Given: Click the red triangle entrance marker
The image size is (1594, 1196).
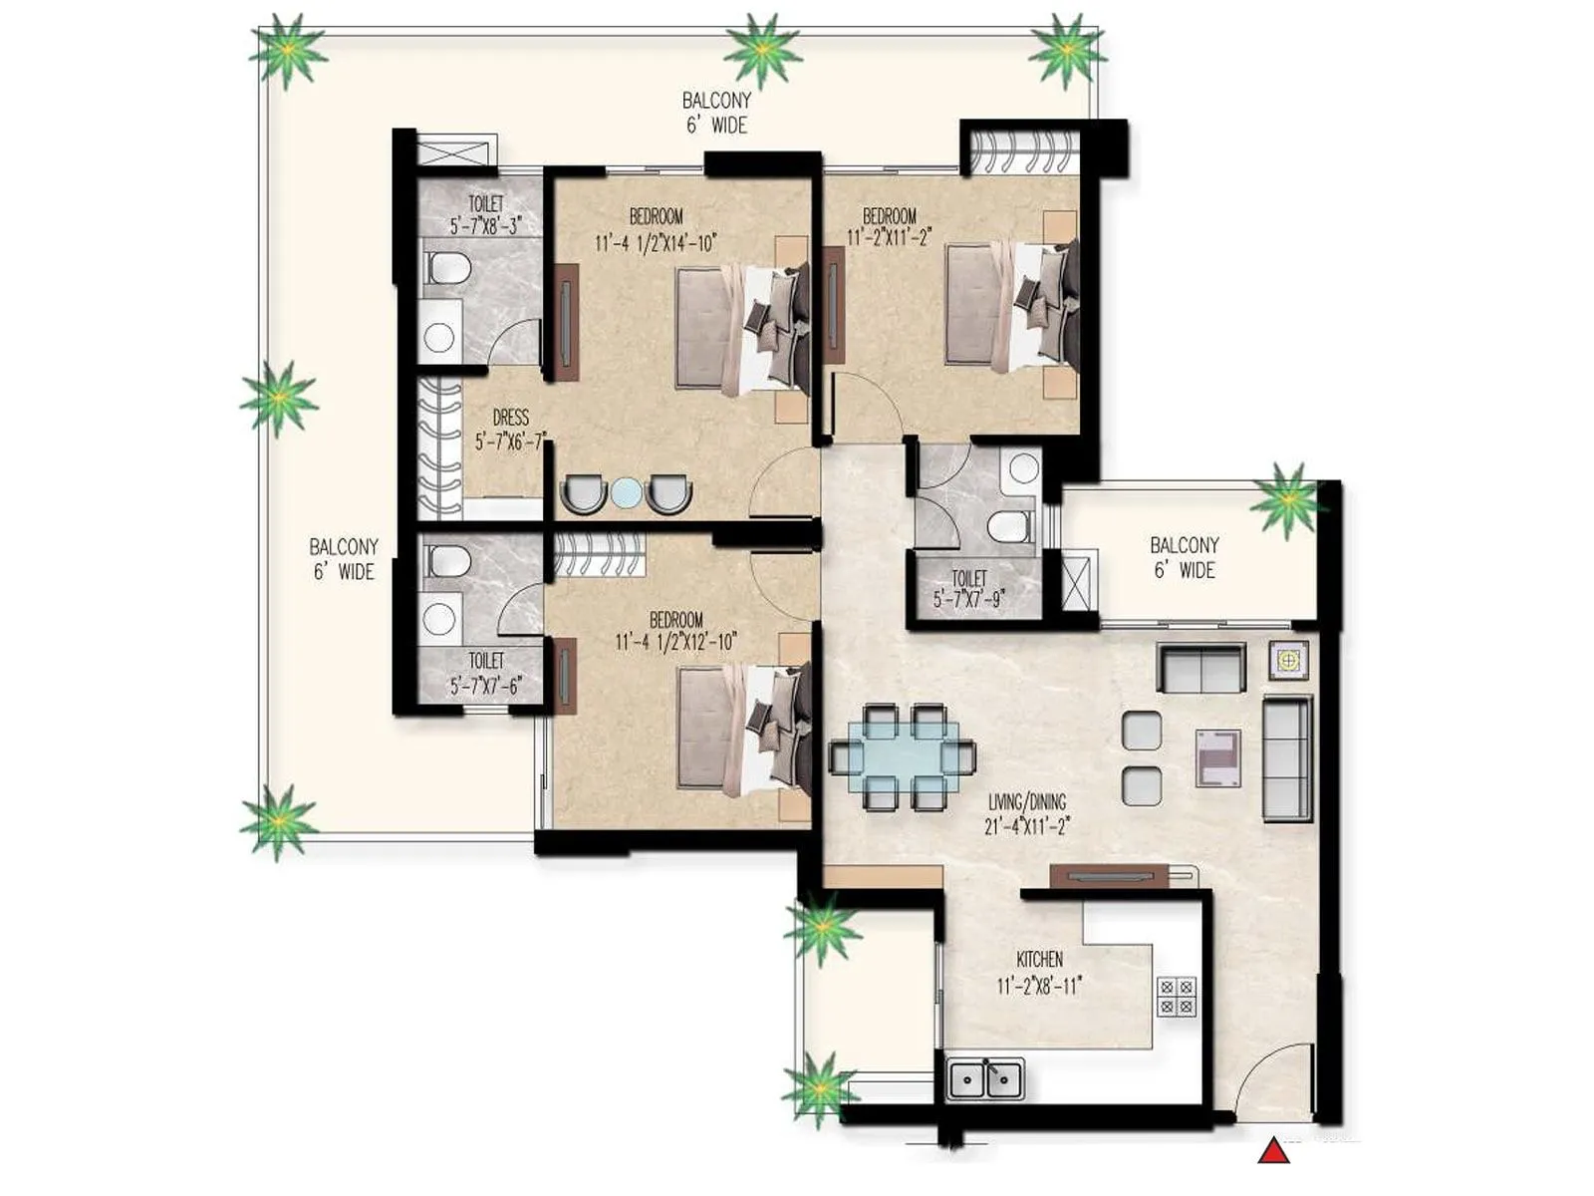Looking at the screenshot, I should click(x=1273, y=1152).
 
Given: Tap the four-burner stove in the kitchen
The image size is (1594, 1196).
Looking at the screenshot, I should click(x=1177, y=996).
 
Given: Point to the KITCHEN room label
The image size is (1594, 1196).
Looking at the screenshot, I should click(x=1039, y=960).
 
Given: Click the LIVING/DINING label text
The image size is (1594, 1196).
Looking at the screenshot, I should click(x=1027, y=801).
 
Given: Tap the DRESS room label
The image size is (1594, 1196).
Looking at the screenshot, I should click(x=510, y=419).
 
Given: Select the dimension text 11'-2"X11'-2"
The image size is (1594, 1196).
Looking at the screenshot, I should click(x=889, y=238).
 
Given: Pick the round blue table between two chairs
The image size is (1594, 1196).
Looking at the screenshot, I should click(x=626, y=493).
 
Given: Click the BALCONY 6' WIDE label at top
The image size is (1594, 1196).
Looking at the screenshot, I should click(x=716, y=113).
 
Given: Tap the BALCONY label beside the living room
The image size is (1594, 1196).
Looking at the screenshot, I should click(x=1184, y=557).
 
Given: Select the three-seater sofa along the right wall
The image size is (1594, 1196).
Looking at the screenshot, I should click(x=1286, y=759).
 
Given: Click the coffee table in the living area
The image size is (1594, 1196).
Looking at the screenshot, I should click(x=1217, y=757).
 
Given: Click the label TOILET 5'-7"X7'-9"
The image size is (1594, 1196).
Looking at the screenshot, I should click(x=968, y=589).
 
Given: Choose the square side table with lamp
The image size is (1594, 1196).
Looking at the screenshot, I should click(x=1288, y=660).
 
